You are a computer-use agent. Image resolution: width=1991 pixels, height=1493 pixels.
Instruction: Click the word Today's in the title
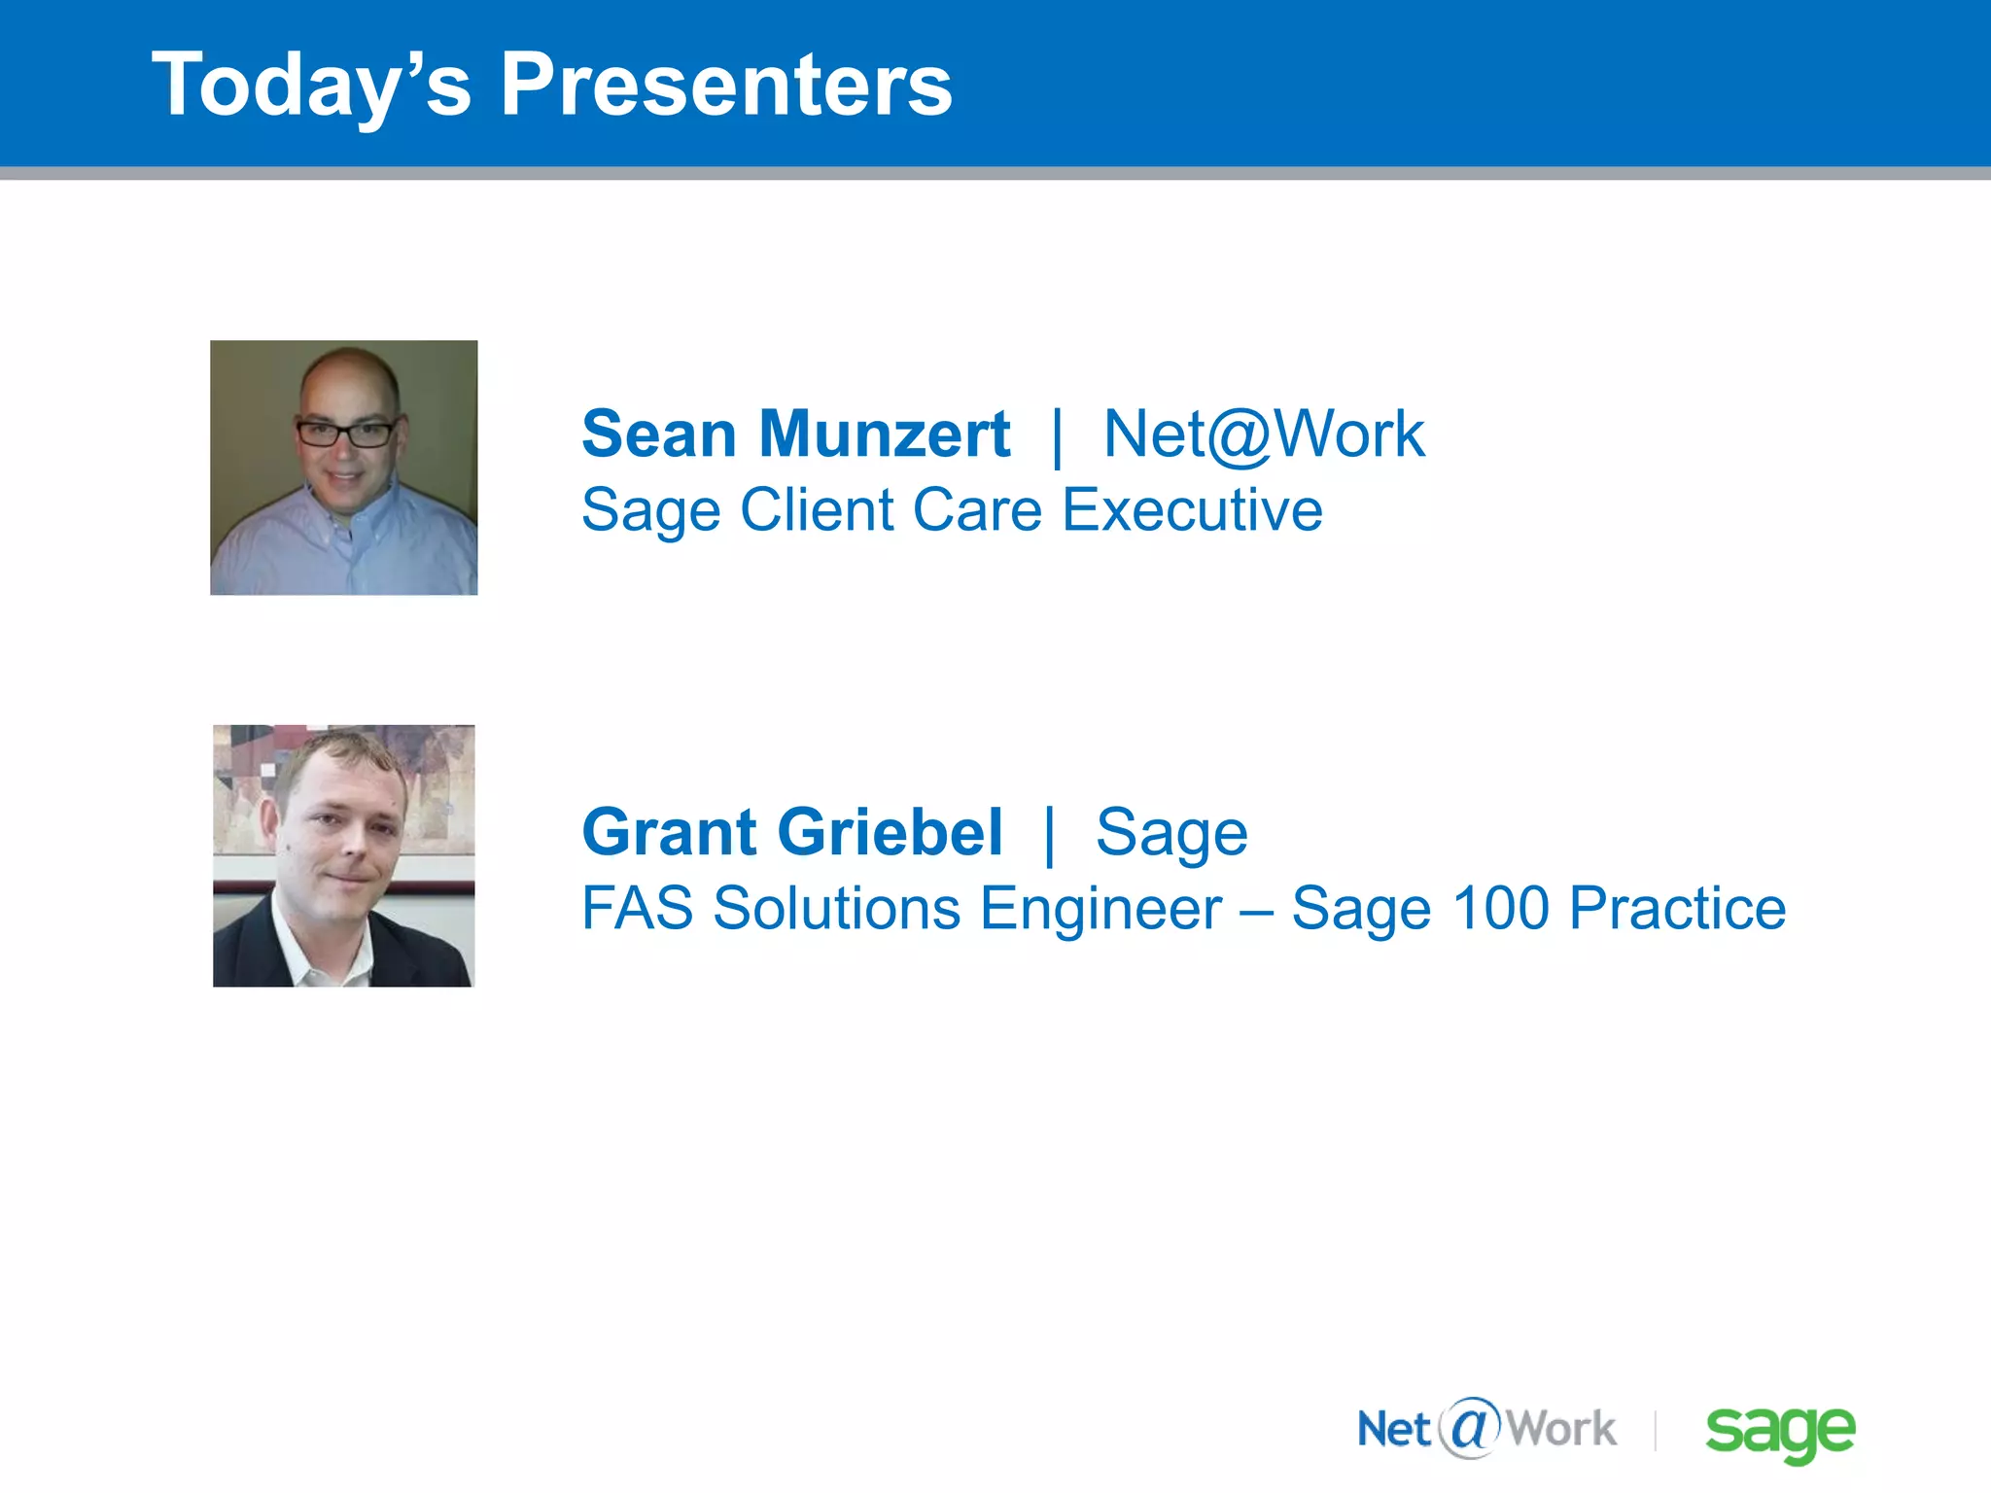point(311,86)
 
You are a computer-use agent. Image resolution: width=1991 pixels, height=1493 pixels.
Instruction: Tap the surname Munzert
point(884,434)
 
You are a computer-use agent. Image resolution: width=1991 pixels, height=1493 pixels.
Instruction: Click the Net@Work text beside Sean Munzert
point(1264,434)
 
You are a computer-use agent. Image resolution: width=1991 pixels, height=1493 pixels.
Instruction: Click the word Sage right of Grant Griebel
point(1171,834)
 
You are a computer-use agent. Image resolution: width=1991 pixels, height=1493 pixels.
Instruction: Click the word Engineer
point(1100,910)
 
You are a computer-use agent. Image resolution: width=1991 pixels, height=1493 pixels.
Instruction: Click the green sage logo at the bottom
point(1780,1431)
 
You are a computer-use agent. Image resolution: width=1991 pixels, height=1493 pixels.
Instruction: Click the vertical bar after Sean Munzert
point(1057,435)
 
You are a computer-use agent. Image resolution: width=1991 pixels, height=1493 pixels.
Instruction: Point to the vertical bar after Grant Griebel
point(1049,834)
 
